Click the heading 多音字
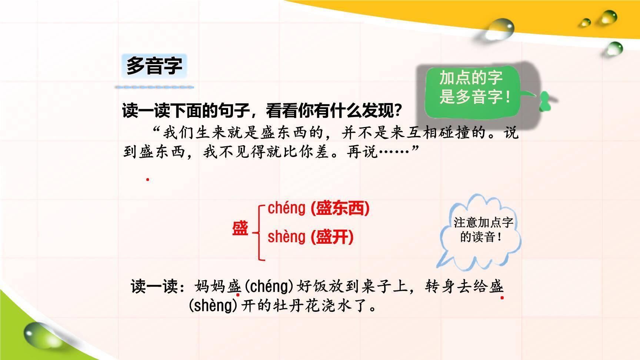click(154, 66)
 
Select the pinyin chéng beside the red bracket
click(286, 208)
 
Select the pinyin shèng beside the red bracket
click(286, 237)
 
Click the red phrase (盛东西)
click(340, 208)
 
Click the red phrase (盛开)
click(332, 237)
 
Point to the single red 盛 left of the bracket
click(240, 229)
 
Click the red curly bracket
click(260, 232)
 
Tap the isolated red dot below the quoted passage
click(147, 180)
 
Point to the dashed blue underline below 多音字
click(154, 87)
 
